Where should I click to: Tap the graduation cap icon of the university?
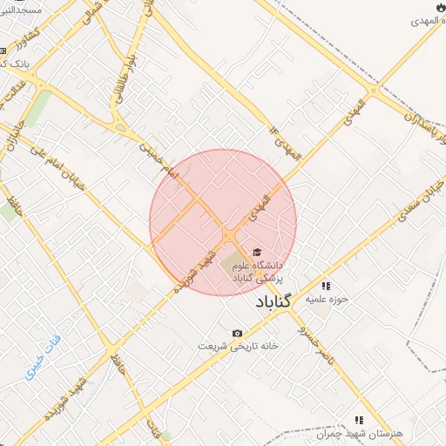pos(256,252)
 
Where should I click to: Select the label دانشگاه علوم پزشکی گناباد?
pos(260,270)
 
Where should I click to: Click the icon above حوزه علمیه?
pos(327,285)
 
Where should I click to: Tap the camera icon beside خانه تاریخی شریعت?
pos(237,334)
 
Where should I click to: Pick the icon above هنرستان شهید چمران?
pos(359,419)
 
